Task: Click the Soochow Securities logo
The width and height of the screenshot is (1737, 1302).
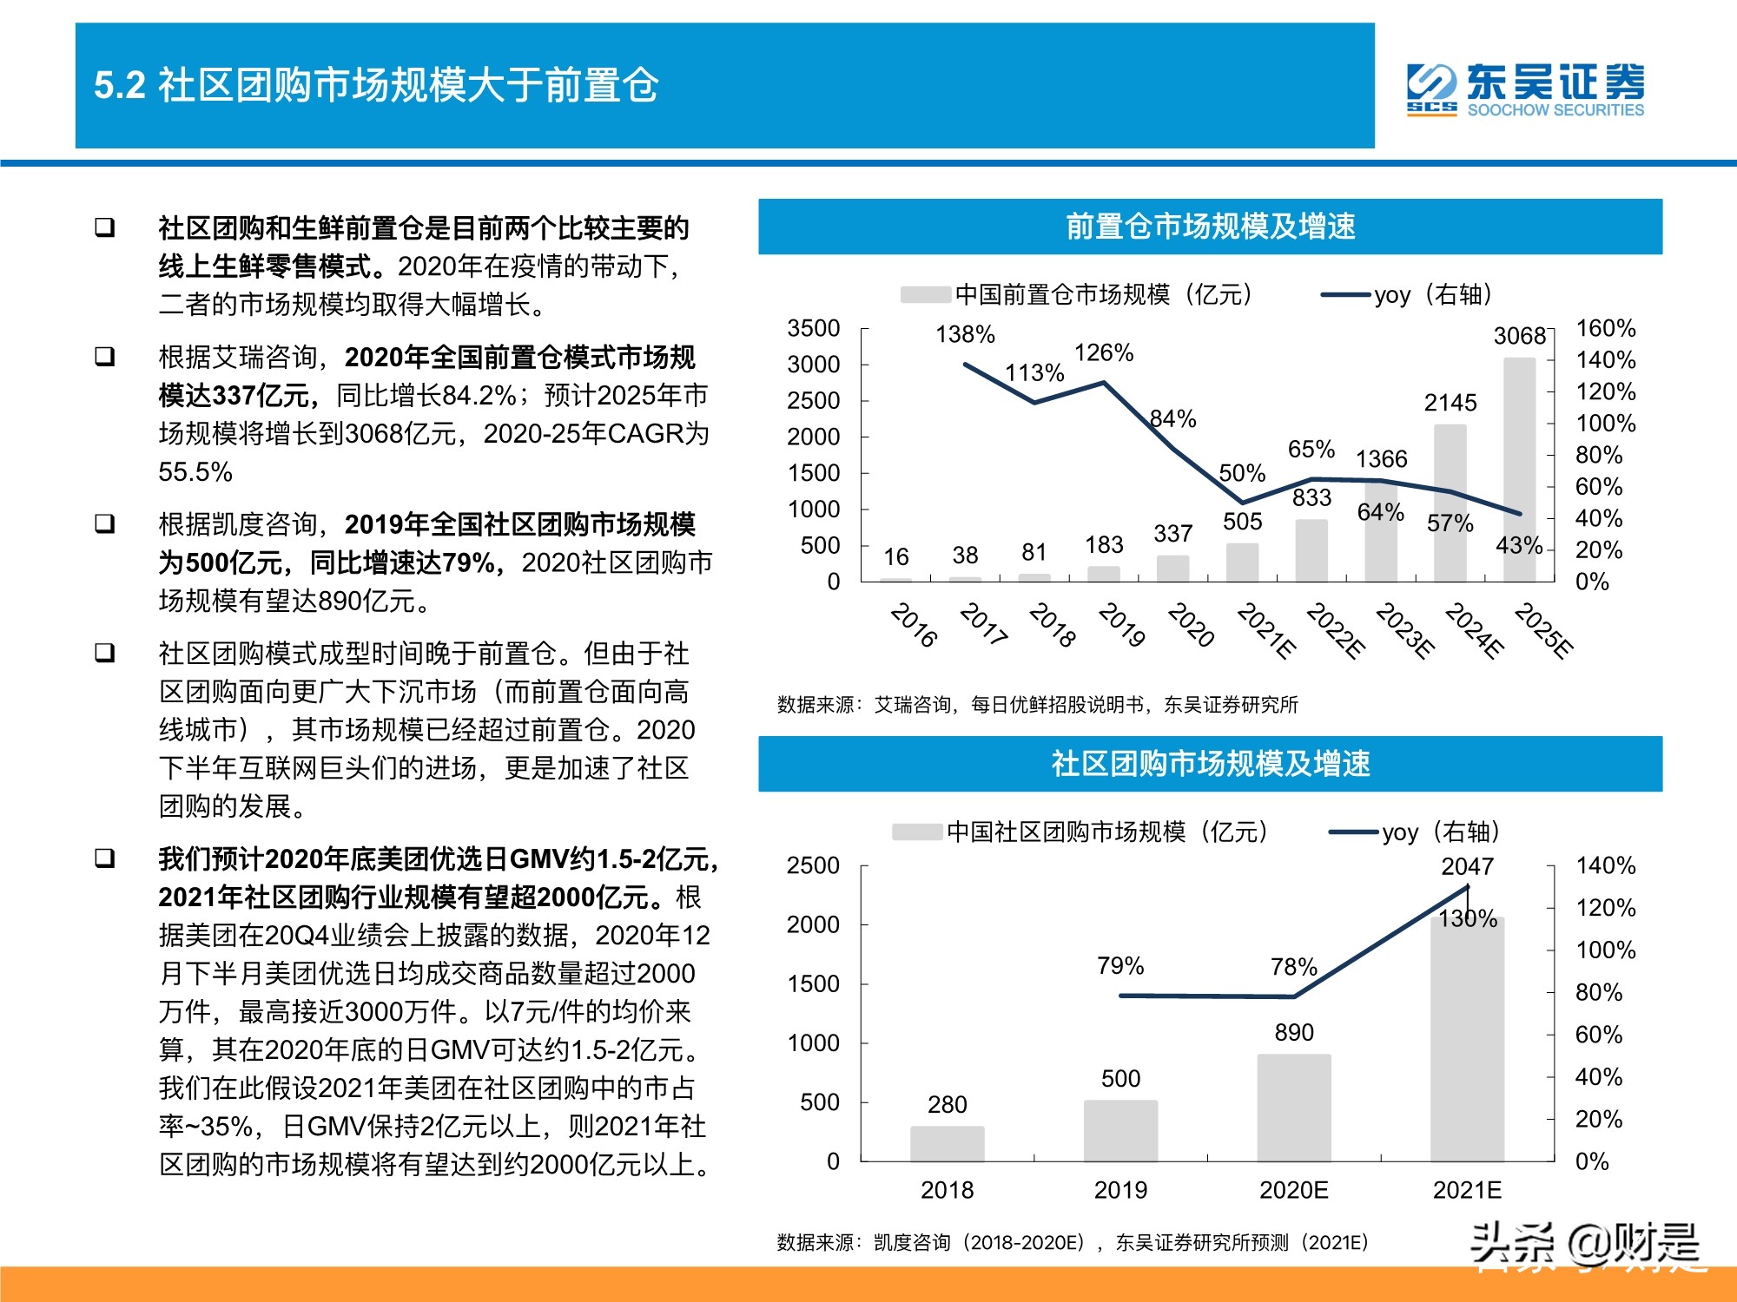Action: point(1525,89)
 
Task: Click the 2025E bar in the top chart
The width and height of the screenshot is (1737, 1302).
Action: point(1519,470)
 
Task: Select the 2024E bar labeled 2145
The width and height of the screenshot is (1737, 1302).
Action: point(1450,503)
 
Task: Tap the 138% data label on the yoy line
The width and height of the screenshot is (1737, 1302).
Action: point(965,334)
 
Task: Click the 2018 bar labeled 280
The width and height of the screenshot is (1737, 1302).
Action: point(947,1143)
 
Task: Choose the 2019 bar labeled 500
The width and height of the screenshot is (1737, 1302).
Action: point(1120,1130)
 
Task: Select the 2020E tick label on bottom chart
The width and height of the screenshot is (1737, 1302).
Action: point(1293,1190)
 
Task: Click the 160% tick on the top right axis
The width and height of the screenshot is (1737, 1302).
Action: point(1605,328)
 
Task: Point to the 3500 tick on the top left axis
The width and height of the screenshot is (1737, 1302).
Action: point(814,328)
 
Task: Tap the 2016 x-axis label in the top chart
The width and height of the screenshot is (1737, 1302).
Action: point(914,625)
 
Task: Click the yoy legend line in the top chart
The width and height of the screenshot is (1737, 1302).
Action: point(1345,295)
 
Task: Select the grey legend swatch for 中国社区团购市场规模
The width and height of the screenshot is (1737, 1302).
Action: point(917,832)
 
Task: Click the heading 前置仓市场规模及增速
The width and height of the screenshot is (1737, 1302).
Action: point(1210,227)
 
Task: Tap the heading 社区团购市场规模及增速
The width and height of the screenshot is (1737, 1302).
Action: point(1210,764)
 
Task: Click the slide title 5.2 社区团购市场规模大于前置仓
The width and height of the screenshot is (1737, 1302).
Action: point(376,85)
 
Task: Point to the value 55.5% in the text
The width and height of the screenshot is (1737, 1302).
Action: point(195,472)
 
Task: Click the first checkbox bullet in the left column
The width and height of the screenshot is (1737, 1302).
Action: point(105,228)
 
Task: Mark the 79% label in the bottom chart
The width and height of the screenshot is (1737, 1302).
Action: point(1120,966)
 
